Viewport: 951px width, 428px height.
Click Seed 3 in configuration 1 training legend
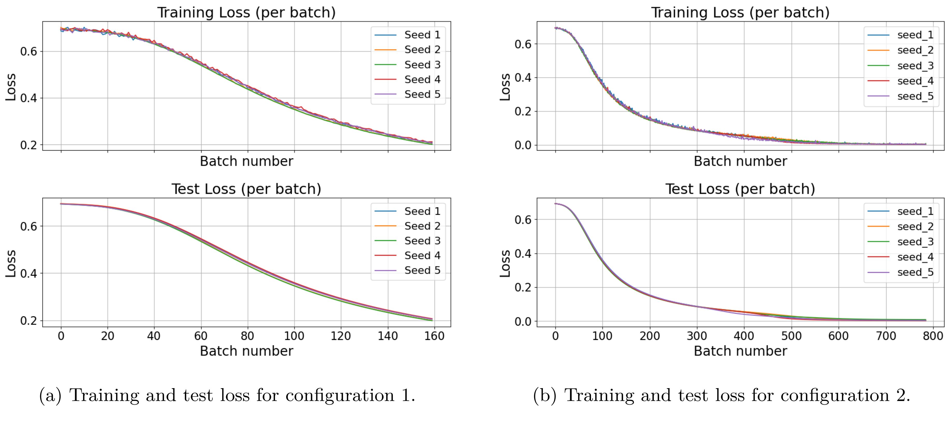pyautogui.click(x=422, y=65)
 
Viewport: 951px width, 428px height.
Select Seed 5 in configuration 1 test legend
pyautogui.click(x=422, y=270)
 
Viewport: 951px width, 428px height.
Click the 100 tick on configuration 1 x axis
pyautogui.click(x=294, y=336)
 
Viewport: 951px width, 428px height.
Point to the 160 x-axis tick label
pyautogui.click(x=434, y=336)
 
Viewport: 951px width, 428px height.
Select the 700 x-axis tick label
pyautogui.click(x=886, y=336)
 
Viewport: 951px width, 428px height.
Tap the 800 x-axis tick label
pyautogui.click(x=933, y=336)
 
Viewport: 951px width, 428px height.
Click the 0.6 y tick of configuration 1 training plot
pyautogui.click(x=28, y=51)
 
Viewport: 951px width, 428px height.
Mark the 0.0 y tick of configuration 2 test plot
pyautogui.click(x=523, y=321)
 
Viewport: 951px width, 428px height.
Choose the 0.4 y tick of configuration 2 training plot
pyautogui.click(x=523, y=77)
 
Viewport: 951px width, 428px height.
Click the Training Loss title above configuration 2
pyautogui.click(x=740, y=12)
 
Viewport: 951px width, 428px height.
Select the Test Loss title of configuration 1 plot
pyautogui.click(x=246, y=189)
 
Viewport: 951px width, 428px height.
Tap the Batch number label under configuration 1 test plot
pyautogui.click(x=246, y=351)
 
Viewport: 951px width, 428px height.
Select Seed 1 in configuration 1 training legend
pyautogui.click(x=422, y=35)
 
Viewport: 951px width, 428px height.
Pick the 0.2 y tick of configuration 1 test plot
pyautogui.click(x=28, y=320)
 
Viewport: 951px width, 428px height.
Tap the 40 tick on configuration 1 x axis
pyautogui.click(x=154, y=336)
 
